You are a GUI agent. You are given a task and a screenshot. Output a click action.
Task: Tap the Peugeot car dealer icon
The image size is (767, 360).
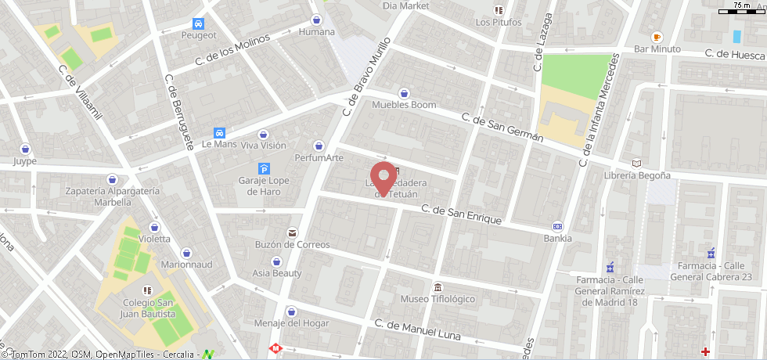(x=199, y=23)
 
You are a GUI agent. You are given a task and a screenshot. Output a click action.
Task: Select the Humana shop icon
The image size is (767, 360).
(x=316, y=20)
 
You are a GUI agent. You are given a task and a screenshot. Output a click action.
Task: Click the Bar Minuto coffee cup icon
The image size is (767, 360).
(x=657, y=37)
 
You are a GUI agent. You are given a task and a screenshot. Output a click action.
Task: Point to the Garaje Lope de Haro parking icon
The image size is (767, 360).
(x=264, y=169)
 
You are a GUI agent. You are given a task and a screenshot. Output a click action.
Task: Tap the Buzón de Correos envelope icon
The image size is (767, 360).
(x=292, y=233)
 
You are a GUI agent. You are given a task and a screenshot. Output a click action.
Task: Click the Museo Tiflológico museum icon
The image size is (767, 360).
(x=437, y=287)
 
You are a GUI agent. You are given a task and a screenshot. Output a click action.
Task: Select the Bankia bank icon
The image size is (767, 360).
(x=557, y=225)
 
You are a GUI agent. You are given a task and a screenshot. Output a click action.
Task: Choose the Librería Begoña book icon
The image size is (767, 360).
(x=636, y=163)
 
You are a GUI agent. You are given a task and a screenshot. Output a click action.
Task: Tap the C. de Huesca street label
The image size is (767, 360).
(x=733, y=55)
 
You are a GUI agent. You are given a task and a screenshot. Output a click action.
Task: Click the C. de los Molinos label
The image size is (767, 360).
(x=232, y=49)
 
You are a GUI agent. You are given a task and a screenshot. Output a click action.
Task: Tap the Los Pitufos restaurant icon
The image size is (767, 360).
(x=498, y=10)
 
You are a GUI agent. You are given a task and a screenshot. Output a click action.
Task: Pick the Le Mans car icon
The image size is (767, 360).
(x=219, y=133)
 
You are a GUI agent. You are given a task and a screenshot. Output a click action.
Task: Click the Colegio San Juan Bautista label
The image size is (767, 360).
(x=148, y=308)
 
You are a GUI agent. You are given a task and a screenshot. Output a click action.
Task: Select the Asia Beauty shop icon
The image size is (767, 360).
(x=276, y=261)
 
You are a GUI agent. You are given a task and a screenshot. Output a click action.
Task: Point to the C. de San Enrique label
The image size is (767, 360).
(x=461, y=214)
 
